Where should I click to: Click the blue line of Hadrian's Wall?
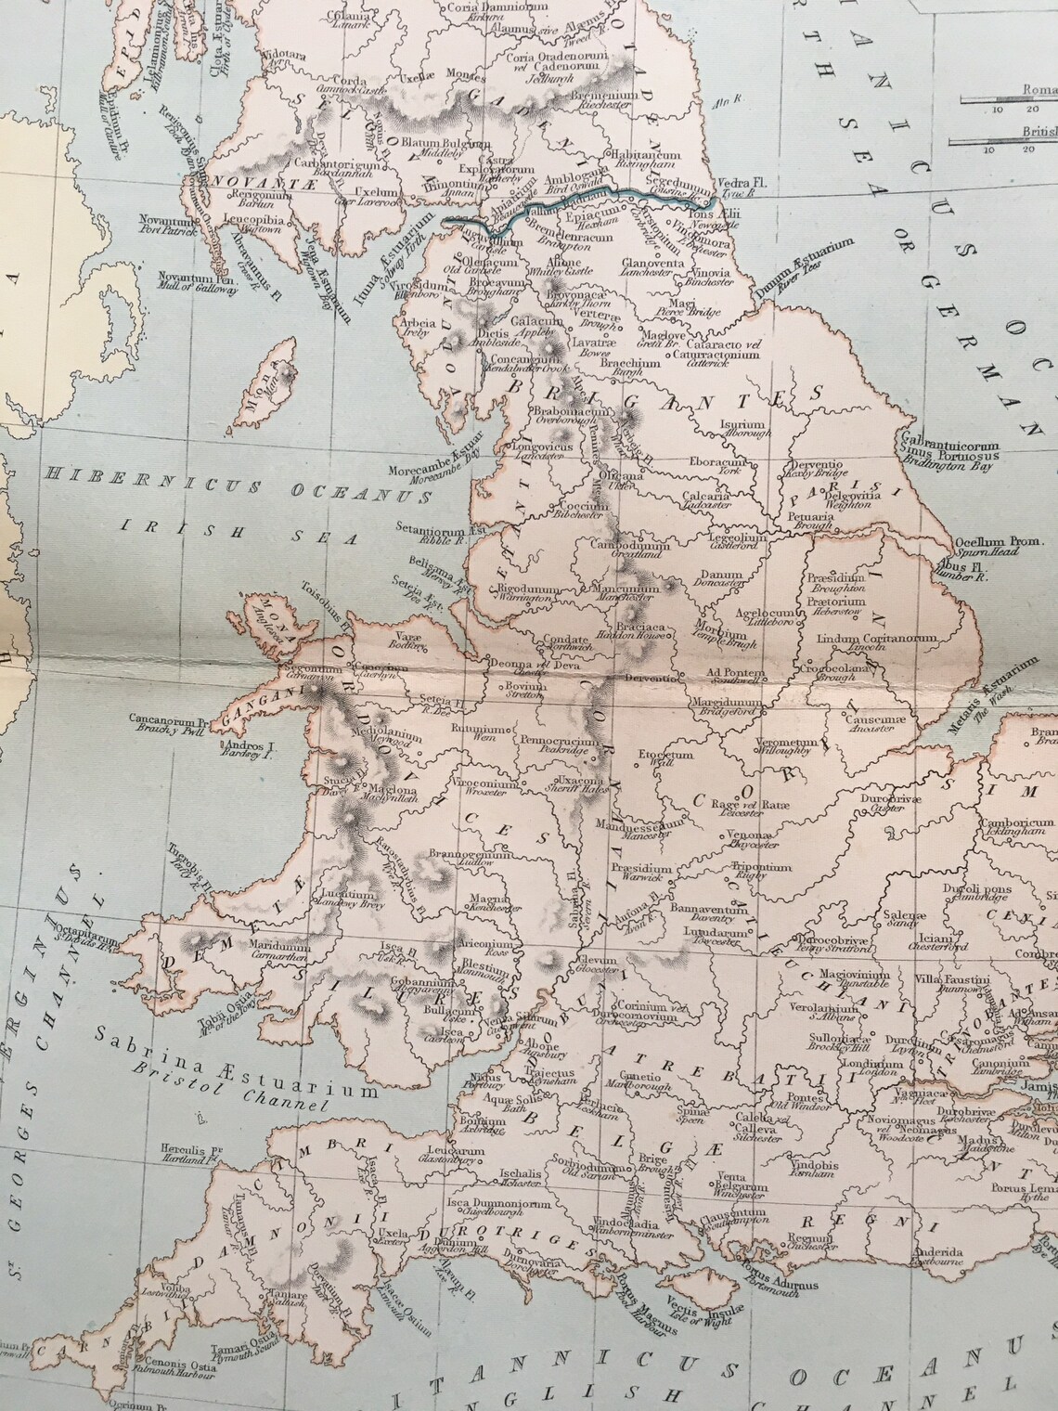tap(575, 193)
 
